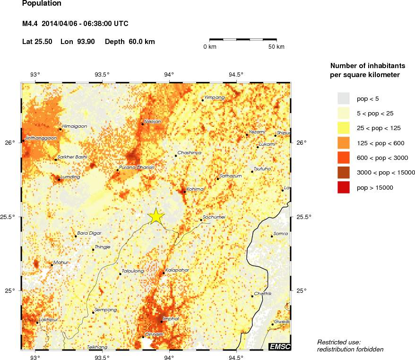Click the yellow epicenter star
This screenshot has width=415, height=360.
156,216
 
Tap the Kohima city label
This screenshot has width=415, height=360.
195,189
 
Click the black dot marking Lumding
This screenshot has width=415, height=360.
59,180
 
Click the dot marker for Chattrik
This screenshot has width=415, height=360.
252,296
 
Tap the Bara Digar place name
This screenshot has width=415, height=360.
89,233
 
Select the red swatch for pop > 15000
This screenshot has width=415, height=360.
343,188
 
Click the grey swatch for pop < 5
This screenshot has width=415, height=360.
343,98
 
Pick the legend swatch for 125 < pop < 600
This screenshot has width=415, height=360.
343,143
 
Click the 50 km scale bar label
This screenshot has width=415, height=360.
277,47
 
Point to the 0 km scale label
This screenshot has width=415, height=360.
209,47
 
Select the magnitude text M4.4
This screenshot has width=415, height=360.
30,24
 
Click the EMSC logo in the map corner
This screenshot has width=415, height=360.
279,347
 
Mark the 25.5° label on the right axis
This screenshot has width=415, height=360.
303,217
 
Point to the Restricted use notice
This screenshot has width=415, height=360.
339,342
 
